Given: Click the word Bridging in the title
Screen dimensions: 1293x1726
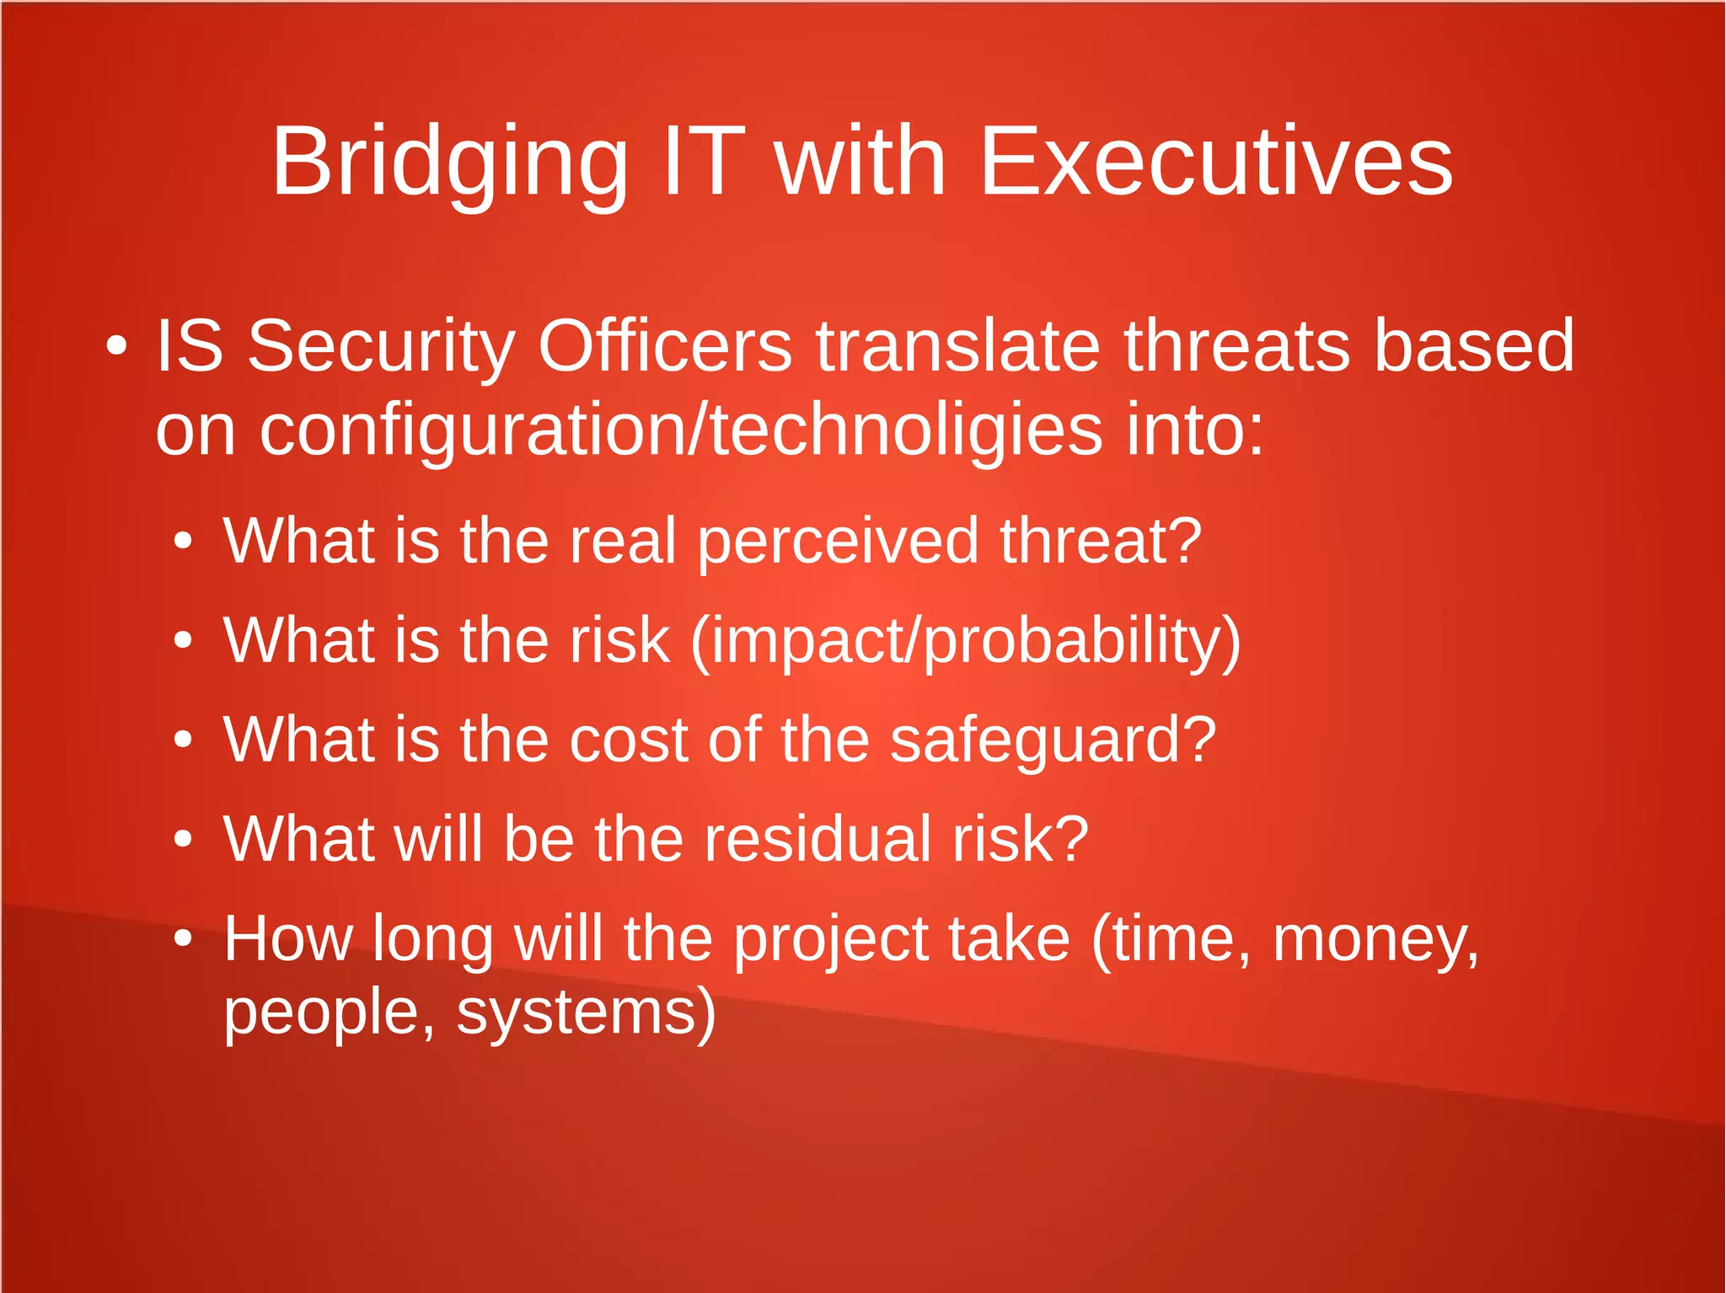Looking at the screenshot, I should (x=449, y=162).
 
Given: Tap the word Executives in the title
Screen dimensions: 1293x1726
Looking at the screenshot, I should (x=1215, y=162).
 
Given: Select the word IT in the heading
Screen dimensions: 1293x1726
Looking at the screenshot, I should (x=704, y=162).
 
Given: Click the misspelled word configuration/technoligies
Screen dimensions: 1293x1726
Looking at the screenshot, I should (x=681, y=431).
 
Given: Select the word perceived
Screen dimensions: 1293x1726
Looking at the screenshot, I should (x=838, y=542).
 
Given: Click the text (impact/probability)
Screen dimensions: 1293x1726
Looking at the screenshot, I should (x=965, y=642).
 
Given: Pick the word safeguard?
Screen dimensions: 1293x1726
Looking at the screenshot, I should (x=1053, y=740).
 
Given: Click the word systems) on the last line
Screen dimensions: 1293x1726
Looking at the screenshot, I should (x=586, y=1012).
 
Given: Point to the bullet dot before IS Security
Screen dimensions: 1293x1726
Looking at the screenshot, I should (x=117, y=346).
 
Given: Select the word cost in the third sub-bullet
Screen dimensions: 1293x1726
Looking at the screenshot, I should (x=629, y=740).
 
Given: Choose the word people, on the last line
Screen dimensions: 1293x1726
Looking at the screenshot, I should (x=330, y=1012).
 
